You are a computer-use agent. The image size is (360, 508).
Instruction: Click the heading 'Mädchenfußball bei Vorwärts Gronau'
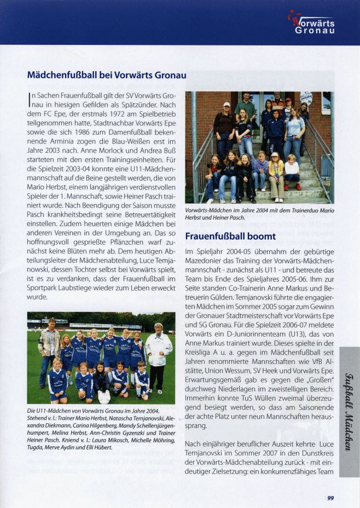[x=107, y=75]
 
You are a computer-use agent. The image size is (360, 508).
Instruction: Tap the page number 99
[x=330, y=498]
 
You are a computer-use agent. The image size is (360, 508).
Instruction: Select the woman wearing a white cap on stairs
[x=225, y=129]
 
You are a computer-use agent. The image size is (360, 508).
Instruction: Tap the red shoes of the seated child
[x=293, y=187]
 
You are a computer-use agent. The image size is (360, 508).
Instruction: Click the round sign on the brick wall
[x=306, y=99]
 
